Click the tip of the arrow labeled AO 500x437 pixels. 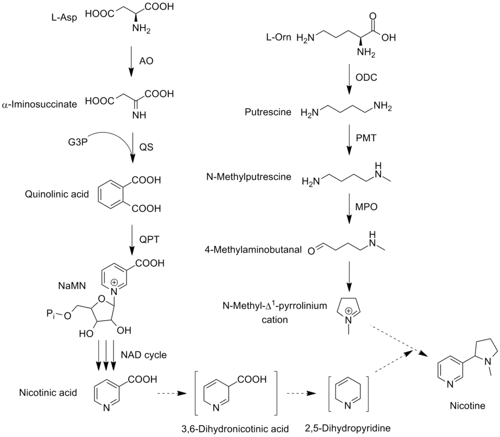[x=130, y=77]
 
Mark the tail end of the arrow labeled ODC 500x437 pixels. [x=349, y=64]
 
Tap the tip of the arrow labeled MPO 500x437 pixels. [x=349, y=224]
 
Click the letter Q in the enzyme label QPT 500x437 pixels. [x=143, y=239]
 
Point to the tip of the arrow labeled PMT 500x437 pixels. [x=349, y=155]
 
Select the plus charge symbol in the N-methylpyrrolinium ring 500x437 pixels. [x=349, y=310]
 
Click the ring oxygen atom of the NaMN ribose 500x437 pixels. [x=102, y=299]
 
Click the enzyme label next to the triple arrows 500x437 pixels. [x=144, y=355]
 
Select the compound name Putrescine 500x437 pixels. [x=268, y=112]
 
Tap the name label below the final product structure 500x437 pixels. [x=467, y=405]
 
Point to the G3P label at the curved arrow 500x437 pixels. [x=78, y=142]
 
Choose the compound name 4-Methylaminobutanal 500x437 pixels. [x=253, y=249]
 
